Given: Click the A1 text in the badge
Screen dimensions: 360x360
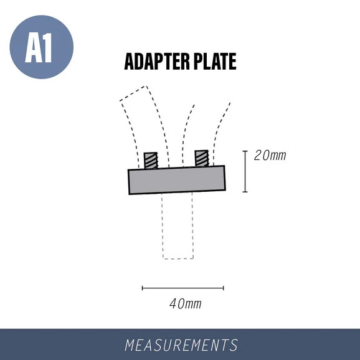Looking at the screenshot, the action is pos(39,47).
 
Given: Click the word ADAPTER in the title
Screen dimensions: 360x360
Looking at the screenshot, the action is pos(157,61).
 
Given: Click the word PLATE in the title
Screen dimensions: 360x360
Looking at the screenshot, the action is pos(215,61).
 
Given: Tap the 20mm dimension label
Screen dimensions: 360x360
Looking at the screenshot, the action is pos(270,156).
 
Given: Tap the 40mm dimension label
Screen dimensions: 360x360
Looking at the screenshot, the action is pos(186,304).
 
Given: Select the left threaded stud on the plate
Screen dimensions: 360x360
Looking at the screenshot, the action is pos(151,161).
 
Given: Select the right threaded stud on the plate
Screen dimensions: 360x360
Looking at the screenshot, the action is pos(202,158).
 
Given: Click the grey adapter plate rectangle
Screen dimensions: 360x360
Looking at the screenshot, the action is pos(177,180).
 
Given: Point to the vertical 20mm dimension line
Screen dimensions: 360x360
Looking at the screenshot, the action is pos(245,171).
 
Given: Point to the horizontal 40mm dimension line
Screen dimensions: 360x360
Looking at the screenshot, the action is pos(183,288).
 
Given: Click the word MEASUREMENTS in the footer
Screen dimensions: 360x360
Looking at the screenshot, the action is pos(181,345).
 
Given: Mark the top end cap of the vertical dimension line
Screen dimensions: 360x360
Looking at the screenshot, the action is pos(245,151).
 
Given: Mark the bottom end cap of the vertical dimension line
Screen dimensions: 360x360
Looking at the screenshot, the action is pos(245,192).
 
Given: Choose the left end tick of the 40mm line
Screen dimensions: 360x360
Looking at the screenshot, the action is pos(143,288).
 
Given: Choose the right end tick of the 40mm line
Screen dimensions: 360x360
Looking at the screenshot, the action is pos(224,288).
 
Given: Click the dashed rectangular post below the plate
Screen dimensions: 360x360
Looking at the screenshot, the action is pos(162,226).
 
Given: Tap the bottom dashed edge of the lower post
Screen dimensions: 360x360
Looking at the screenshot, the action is pos(178,258).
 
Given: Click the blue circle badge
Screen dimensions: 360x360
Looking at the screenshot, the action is pos(42,47).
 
